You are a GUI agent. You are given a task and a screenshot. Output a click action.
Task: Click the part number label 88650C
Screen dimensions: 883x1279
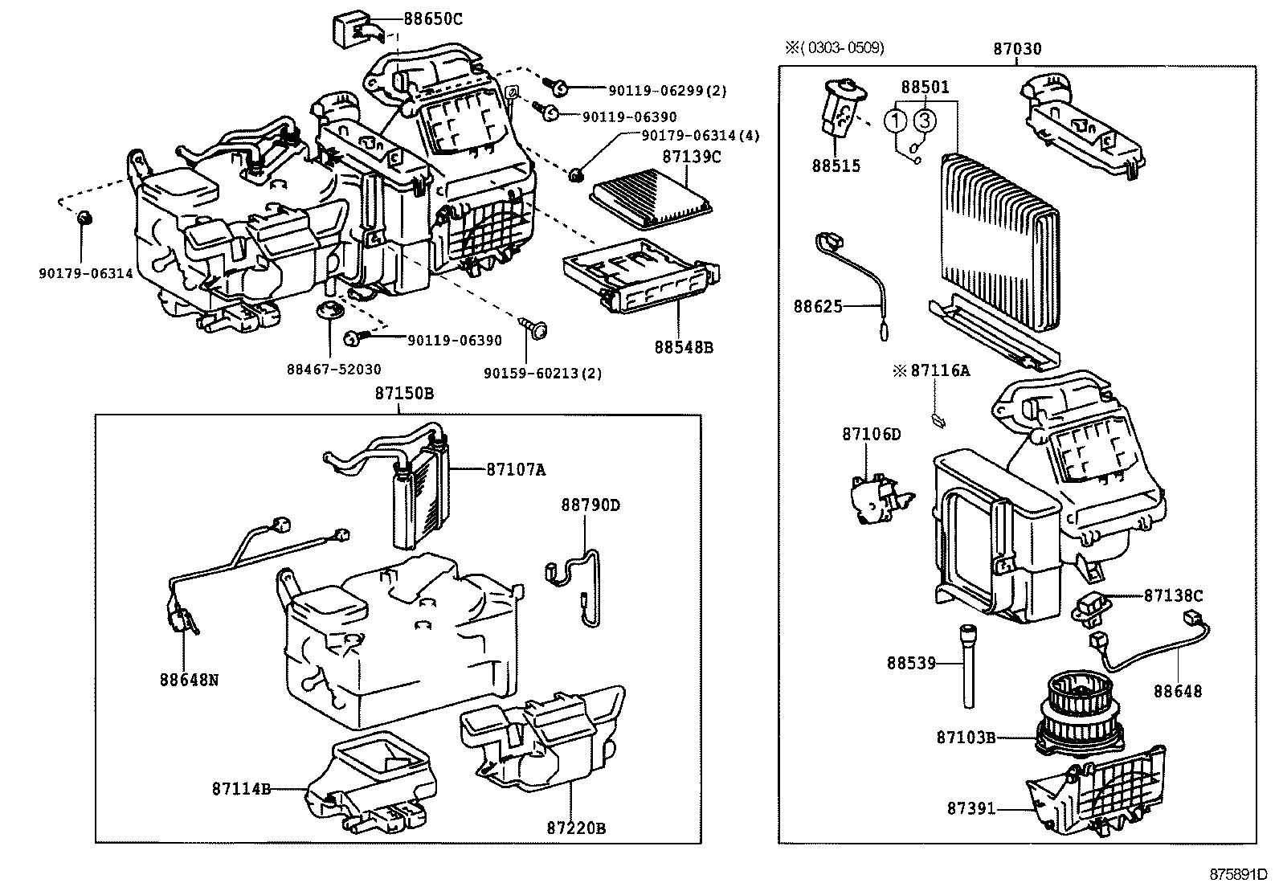[x=431, y=18]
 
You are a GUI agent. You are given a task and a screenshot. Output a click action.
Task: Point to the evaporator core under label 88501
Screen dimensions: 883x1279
[x=999, y=241]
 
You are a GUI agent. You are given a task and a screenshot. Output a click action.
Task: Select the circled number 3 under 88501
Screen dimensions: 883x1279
[x=926, y=121]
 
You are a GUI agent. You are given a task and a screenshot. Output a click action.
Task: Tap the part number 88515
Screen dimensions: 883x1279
[x=836, y=166]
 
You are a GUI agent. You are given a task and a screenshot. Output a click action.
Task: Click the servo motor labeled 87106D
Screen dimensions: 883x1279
[x=876, y=498]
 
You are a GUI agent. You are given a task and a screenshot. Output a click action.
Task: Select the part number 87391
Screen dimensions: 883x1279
[x=970, y=809]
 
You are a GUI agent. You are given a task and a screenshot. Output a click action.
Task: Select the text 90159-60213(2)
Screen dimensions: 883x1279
[x=542, y=373]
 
